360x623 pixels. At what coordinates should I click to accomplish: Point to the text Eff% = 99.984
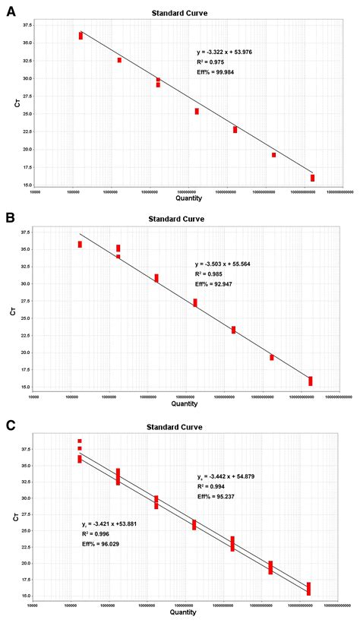click(222, 71)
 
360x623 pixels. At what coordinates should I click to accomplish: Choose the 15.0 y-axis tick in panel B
click(26, 387)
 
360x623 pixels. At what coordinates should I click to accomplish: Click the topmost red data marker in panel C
click(79, 441)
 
